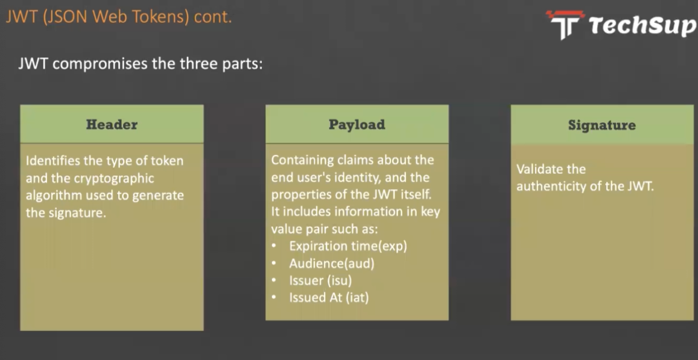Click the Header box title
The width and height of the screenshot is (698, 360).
point(112,125)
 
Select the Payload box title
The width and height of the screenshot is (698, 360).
point(357,125)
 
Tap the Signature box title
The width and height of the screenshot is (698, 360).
point(602,125)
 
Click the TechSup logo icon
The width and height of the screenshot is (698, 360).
point(565,25)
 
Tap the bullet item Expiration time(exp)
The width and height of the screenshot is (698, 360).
point(348,246)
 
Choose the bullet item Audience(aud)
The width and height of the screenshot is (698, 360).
point(332,264)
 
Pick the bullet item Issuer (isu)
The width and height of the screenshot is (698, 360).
point(320,280)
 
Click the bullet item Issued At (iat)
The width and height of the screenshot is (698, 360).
point(329,297)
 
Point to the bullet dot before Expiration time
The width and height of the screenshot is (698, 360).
point(274,246)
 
